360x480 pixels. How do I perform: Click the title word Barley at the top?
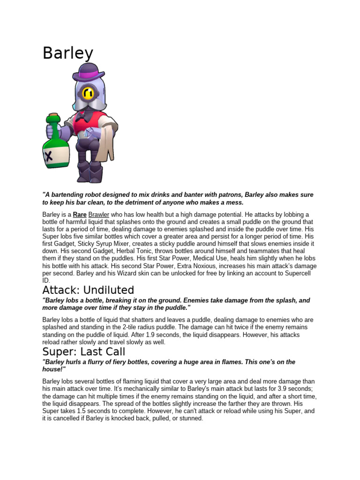coord(68,53)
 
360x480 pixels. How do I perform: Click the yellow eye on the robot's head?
coord(88,93)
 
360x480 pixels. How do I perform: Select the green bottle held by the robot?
coord(56,145)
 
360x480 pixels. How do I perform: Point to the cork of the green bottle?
coord(54,116)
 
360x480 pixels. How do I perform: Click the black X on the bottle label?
coord(48,156)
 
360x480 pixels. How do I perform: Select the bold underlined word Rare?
coord(79,215)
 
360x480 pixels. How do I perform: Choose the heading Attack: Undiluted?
coord(88,290)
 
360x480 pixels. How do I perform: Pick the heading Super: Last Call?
coord(84,352)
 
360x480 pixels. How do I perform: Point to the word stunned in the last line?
coord(191,418)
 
